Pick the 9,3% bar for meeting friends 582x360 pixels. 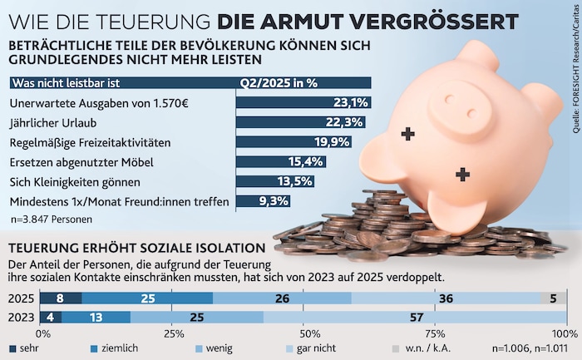[x=249, y=200]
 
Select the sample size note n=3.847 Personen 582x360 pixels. [x=51, y=219]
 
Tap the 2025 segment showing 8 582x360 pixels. [x=61, y=298]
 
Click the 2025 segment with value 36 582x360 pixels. [x=446, y=298]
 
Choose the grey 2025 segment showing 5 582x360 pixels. [x=553, y=298]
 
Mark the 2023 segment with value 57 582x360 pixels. [x=414, y=317]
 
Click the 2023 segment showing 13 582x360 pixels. [x=96, y=317]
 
